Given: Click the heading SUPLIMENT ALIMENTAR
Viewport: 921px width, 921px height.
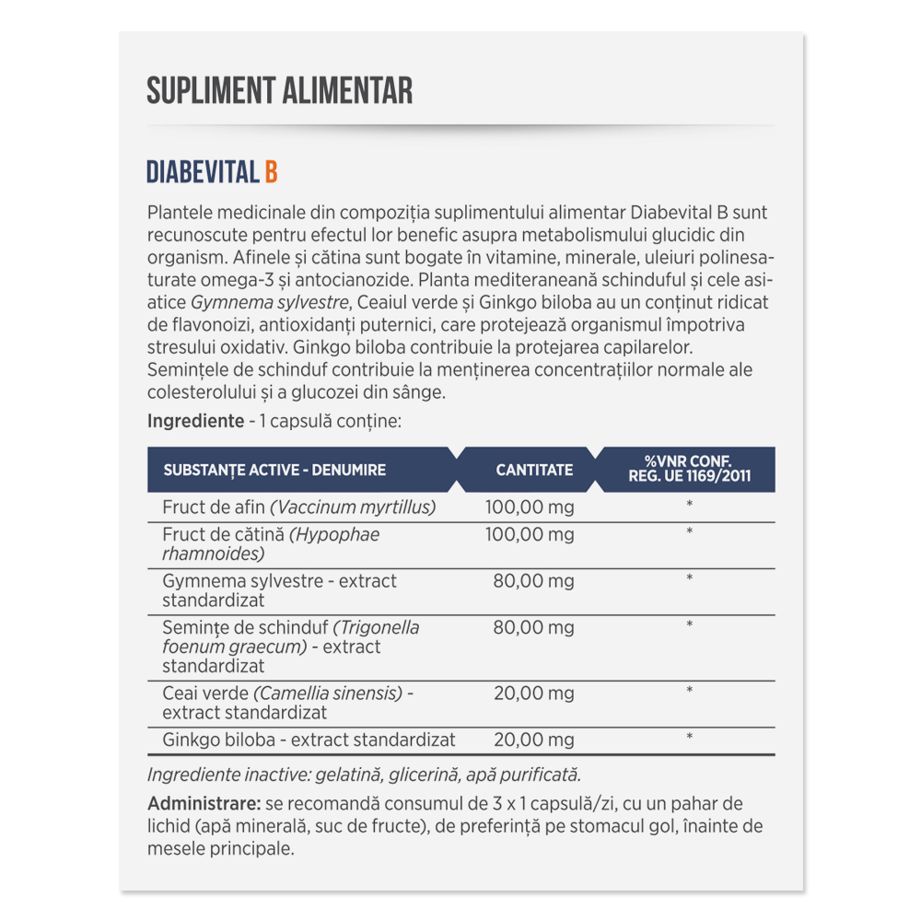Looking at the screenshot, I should click(x=279, y=91).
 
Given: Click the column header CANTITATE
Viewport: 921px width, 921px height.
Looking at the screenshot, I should click(x=534, y=470).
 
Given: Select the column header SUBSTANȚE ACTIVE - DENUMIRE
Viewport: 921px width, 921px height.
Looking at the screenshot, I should click(x=274, y=470).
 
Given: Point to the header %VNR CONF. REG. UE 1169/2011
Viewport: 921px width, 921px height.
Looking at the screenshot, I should click(x=690, y=470).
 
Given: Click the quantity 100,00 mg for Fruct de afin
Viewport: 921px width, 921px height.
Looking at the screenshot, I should click(x=530, y=507).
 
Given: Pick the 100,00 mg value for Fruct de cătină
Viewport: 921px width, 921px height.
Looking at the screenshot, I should click(x=530, y=534).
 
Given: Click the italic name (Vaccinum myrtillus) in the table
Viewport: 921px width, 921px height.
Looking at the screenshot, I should click(x=353, y=507).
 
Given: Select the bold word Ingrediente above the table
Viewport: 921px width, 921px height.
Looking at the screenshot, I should click(x=191, y=421).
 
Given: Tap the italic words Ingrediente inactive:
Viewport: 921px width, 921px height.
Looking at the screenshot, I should click(x=218, y=774).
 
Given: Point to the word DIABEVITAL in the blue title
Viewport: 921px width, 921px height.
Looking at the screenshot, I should click(x=203, y=172).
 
